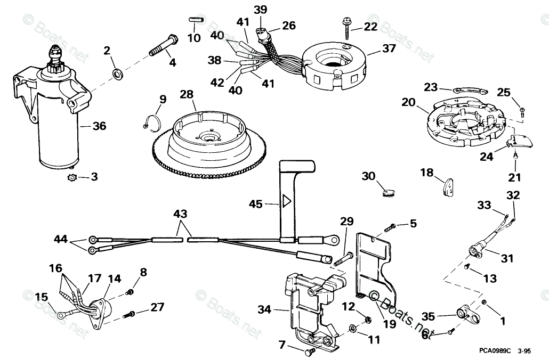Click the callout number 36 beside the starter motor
click(x=99, y=126)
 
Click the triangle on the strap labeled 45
click(x=286, y=201)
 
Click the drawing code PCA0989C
click(x=494, y=351)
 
